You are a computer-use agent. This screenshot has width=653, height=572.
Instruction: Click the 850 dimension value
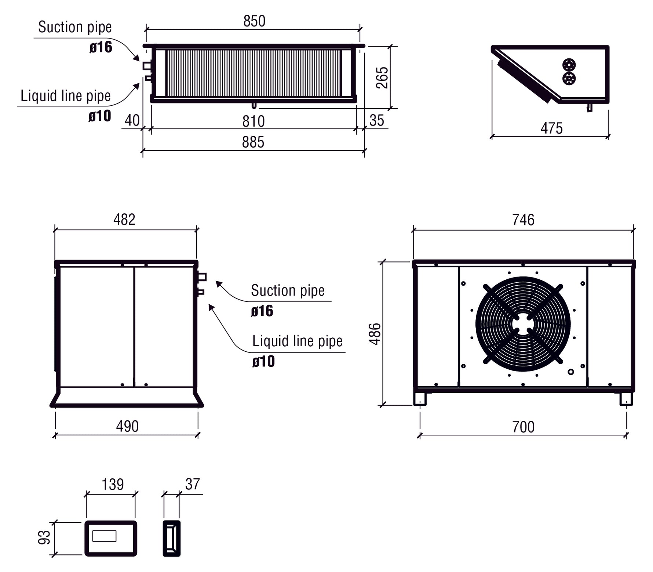click(254, 21)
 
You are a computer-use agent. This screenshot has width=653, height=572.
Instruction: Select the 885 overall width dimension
click(253, 142)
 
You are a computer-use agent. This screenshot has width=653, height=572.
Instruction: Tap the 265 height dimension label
click(382, 77)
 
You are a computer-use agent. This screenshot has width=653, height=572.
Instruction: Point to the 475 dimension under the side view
click(551, 128)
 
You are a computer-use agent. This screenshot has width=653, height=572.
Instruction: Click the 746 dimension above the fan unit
click(523, 220)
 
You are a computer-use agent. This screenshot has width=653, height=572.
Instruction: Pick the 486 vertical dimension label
click(375, 334)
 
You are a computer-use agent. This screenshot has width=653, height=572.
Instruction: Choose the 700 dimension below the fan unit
click(523, 427)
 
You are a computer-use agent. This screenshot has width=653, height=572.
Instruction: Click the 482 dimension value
click(124, 219)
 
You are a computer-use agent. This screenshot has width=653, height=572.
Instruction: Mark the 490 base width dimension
click(127, 426)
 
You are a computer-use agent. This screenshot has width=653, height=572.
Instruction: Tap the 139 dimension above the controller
click(113, 484)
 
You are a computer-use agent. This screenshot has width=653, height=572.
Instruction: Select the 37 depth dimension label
click(193, 484)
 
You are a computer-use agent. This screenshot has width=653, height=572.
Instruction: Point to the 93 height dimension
click(44, 537)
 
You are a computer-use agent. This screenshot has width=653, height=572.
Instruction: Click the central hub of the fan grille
click(523, 323)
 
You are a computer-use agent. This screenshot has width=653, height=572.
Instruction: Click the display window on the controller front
click(105, 536)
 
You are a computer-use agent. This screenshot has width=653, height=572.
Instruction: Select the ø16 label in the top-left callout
click(101, 47)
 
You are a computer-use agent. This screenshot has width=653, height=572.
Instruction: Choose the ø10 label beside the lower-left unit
click(263, 361)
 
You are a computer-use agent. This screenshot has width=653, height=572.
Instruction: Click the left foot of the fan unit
click(420, 399)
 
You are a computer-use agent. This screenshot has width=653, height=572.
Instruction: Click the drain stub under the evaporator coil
click(254, 106)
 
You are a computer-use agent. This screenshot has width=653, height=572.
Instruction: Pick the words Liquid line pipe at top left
click(66, 96)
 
